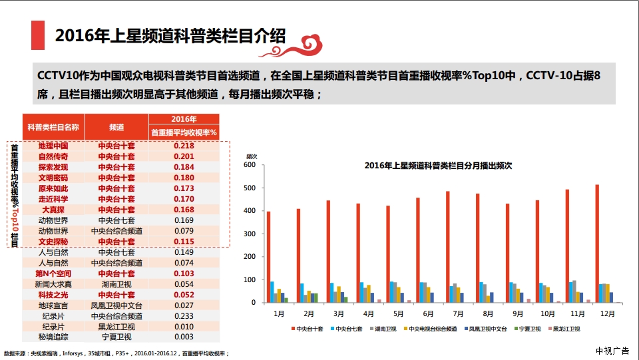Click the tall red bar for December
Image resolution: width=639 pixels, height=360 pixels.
[597, 244]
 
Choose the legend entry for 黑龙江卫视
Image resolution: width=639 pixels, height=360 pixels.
[566, 329]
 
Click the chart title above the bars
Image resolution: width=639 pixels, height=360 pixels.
[438, 166]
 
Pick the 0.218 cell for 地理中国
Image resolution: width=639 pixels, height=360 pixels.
[183, 146]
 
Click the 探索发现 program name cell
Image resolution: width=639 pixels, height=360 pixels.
[53, 167]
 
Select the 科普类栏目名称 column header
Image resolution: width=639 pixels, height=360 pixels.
[53, 126]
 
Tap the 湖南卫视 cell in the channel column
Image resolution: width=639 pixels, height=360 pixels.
[116, 284]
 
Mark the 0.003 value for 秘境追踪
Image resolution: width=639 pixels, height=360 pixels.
[183, 337]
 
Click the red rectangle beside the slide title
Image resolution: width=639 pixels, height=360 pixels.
[38, 35]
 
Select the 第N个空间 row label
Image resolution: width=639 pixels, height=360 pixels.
[53, 273]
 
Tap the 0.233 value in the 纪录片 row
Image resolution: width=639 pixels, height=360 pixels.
[183, 316]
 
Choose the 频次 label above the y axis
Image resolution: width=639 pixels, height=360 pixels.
[252, 156]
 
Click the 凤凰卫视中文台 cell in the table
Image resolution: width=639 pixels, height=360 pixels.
[116, 305]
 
